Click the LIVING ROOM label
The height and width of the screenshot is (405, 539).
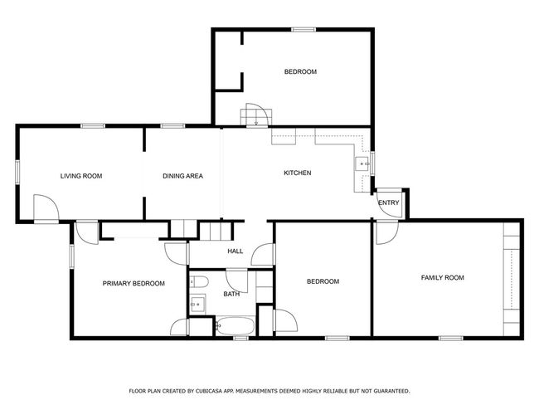click(81, 176)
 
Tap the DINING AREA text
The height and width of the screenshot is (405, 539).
click(182, 176)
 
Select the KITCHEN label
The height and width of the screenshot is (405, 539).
click(298, 173)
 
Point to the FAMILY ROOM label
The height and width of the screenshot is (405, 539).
click(443, 278)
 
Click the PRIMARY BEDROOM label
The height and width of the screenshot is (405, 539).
click(134, 284)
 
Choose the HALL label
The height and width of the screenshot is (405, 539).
click(236, 251)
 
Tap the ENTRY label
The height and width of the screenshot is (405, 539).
click(388, 203)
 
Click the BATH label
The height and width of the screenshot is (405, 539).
click(231, 294)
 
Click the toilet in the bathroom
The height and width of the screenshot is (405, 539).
click(199, 282)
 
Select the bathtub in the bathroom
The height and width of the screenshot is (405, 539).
click(236, 326)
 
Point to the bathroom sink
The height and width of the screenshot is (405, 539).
click(197, 305)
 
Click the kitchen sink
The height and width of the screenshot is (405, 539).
click(362, 163)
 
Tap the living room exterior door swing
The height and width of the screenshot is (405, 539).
click(46, 207)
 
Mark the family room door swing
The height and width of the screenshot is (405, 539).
click(387, 233)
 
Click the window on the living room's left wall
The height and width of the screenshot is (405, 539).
click(17, 172)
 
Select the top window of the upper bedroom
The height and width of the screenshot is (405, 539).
click(303, 30)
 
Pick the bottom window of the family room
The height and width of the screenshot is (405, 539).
click(450, 339)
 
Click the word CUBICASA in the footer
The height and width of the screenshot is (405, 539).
click(209, 391)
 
